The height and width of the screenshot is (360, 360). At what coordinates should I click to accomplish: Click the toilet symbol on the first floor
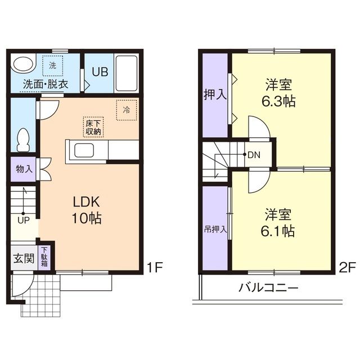[23, 139]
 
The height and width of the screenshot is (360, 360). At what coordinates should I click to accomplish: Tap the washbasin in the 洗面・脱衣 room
[22, 65]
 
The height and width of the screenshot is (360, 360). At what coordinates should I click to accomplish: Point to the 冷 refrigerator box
[126, 110]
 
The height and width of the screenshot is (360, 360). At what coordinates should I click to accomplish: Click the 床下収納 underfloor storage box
[93, 127]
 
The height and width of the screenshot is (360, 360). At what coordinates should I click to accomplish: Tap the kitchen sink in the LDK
[86, 151]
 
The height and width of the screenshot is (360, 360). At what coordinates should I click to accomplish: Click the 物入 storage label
[24, 169]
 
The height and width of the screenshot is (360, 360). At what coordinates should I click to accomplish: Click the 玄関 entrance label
[23, 259]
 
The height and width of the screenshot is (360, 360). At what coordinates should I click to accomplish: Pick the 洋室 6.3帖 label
[280, 94]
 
